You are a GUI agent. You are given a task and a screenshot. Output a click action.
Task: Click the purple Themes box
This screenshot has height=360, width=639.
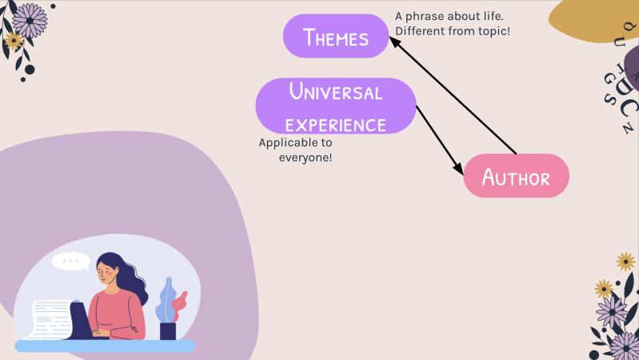point(336,37)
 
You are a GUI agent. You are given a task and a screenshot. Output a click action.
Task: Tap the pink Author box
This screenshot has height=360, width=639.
point(517,177)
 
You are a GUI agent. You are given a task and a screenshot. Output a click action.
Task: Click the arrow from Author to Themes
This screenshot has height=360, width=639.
point(456,96)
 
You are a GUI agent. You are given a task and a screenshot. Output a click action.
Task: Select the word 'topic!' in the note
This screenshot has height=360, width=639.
point(492,31)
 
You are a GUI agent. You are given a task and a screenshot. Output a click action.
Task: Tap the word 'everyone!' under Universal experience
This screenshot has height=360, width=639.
point(305,158)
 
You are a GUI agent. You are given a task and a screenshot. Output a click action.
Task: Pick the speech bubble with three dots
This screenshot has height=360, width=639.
point(72,261)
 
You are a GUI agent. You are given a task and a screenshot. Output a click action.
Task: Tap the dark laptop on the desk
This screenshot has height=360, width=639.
point(78,320)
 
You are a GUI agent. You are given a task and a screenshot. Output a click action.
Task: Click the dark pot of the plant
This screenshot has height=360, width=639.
point(168,330)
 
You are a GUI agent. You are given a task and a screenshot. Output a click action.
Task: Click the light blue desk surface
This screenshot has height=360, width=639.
point(104,346)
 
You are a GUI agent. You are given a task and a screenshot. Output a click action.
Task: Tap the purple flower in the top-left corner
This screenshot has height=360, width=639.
point(30,20)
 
